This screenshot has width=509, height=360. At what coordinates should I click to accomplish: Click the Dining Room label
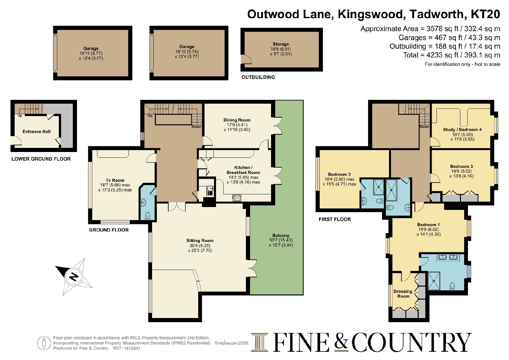pos(237,120)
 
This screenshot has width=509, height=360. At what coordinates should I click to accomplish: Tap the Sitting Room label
pos(200,240)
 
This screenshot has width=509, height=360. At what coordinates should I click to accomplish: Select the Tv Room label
pos(115,180)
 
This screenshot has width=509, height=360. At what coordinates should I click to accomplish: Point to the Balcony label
pos(281,235)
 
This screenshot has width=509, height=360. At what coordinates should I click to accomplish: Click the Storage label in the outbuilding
pos(281,44)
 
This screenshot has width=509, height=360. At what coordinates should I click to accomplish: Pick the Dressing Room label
pos(403,294)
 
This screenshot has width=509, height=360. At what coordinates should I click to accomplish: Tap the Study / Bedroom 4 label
pos(462,129)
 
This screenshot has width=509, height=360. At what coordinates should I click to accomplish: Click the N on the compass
pos(73,277)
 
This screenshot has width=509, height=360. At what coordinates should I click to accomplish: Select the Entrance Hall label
pos(36,132)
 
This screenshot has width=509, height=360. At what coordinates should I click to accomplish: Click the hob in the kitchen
pos(237,197)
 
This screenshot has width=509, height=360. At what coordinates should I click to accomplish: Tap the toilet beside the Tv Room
pos(148,216)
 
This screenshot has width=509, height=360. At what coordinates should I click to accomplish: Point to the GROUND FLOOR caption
pos(109,230)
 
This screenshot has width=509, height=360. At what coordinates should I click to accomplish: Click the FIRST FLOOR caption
pos(335,219)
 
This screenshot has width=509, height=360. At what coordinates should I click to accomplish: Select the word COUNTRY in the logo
pos(411,342)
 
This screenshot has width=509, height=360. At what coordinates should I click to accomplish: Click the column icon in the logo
pos(260,342)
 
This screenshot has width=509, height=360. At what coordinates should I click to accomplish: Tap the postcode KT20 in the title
pos(485,14)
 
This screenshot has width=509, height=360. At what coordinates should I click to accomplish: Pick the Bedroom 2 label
pos(339,175)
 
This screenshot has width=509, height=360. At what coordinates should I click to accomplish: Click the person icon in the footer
pos(44,343)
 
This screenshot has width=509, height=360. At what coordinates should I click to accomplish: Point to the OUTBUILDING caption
pos(258,77)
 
